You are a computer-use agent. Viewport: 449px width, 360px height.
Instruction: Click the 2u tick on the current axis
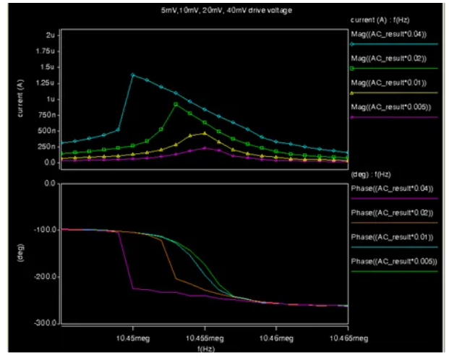50,35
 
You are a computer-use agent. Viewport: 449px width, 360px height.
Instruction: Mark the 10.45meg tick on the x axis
132,337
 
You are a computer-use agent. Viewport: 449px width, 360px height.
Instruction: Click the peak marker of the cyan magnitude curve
132,74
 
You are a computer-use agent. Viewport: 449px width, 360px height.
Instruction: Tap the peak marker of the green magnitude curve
176,104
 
